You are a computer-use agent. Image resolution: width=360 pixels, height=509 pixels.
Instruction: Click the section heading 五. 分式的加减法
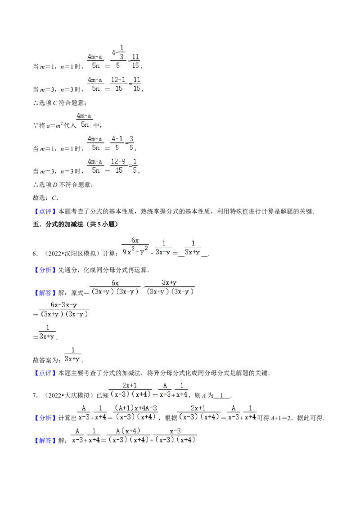click(x=76, y=224)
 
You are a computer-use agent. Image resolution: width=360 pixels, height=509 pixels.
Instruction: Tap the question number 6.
click(x=35, y=254)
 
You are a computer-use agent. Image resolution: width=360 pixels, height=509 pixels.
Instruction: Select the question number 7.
click(x=35, y=395)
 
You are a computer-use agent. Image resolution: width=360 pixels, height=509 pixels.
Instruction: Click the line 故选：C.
click(x=45, y=198)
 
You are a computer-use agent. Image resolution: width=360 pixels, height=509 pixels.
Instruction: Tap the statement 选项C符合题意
click(x=62, y=103)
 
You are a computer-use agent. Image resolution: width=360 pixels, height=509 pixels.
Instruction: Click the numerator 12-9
click(x=118, y=162)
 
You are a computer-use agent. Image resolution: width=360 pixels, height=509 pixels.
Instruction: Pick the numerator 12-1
click(x=118, y=80)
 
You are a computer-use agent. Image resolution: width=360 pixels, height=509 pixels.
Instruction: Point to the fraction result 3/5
click(x=131, y=143)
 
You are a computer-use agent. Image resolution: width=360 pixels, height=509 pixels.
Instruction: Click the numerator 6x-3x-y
click(x=64, y=305)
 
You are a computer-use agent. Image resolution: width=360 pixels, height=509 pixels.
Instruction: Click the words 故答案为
click(x=45, y=360)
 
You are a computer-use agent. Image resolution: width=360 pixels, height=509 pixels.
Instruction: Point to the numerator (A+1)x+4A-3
click(x=136, y=408)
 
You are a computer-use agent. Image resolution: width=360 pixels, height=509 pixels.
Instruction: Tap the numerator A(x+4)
click(x=128, y=431)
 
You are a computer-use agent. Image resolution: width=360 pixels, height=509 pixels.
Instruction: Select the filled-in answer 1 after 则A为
click(x=222, y=395)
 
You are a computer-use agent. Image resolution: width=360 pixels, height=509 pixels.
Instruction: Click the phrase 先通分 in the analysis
click(x=68, y=270)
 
